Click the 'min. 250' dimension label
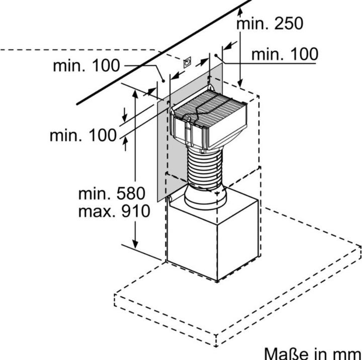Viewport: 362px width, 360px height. coord(269,23)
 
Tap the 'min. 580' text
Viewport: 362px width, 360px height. coord(112,193)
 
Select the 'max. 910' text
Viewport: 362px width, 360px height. coord(114,211)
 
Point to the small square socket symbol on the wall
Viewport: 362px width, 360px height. coord(187,62)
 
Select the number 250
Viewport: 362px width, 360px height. coord(289,23)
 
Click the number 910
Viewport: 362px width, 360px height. coord(136,211)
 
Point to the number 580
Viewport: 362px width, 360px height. coord(131,193)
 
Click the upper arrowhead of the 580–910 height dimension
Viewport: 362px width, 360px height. coord(135,94)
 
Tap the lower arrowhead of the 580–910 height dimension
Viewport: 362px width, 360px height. coord(135,244)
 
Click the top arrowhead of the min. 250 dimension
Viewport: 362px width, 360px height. coord(240,12)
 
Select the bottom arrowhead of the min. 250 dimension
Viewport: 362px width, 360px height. coord(240,82)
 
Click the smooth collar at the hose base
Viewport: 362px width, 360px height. coord(205,198)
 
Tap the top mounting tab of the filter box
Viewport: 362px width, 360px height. coord(210,88)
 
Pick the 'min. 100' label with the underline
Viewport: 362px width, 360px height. coord(285,54)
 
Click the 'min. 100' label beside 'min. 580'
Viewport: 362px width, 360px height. coord(83,135)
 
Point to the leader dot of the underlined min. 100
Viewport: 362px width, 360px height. coord(216,55)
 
